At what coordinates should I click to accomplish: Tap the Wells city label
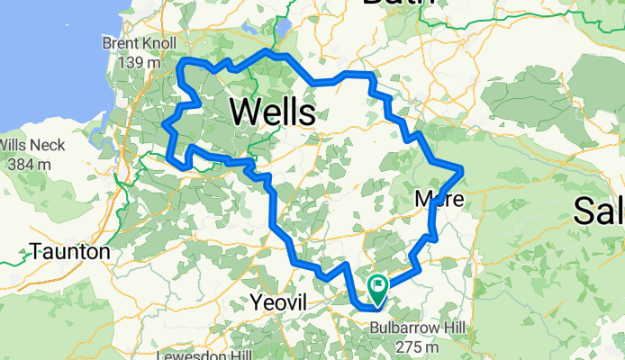(272, 112)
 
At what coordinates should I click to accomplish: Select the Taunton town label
(69, 252)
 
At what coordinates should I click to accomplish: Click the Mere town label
(439, 200)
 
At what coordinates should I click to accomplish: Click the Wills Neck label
(36, 145)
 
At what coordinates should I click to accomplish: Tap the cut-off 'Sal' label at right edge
(599, 211)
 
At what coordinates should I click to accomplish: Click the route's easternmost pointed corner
(462, 168)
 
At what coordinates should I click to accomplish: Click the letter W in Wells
(244, 112)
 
